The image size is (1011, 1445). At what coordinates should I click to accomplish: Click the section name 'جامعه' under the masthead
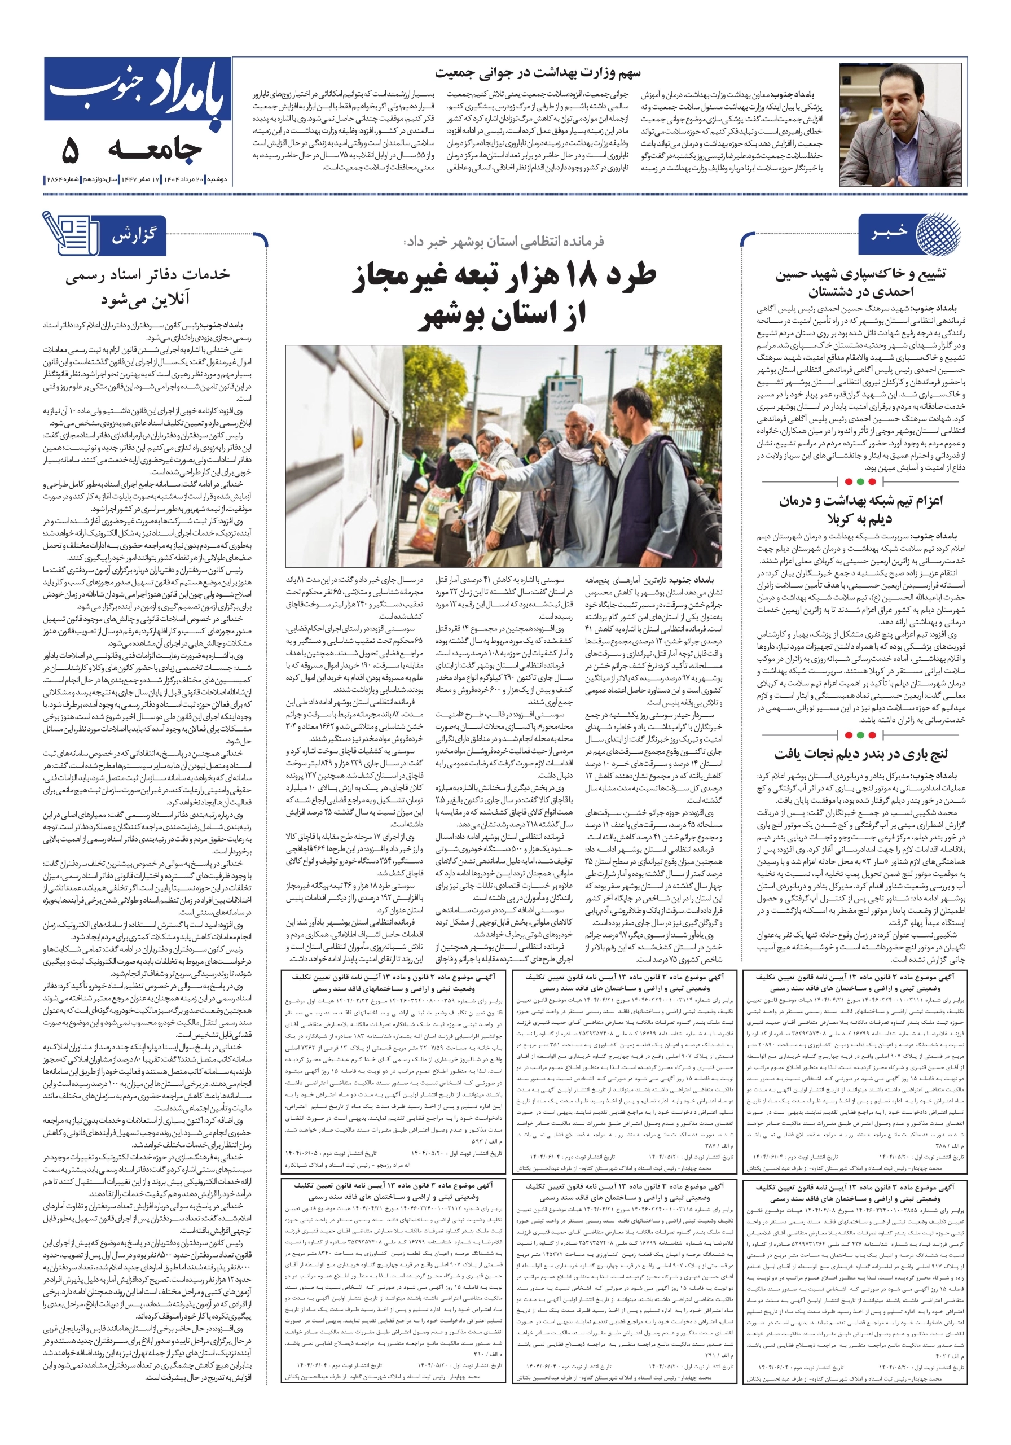click(x=155, y=150)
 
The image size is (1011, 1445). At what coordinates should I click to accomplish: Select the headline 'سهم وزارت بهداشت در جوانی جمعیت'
click(x=538, y=73)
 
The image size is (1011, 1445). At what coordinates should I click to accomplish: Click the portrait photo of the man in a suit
click(x=903, y=125)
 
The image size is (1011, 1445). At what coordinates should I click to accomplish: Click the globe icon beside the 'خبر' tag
click(x=938, y=234)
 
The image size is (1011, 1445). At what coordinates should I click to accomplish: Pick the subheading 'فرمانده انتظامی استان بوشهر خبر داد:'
click(x=504, y=241)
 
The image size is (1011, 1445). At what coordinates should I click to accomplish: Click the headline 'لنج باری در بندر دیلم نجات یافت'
click(x=860, y=754)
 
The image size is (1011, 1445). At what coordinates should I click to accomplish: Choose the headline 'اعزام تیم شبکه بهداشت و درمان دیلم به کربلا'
click(x=860, y=509)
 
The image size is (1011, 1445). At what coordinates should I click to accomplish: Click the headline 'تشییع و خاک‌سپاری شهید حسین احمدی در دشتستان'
click(x=860, y=283)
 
